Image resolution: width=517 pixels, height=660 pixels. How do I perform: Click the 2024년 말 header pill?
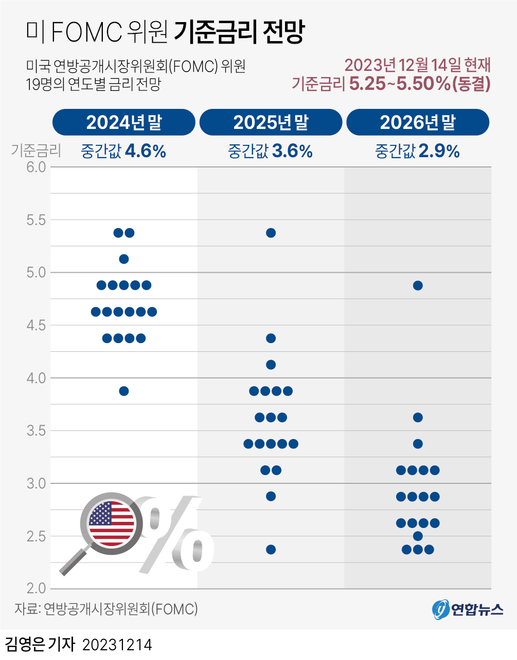[123, 122]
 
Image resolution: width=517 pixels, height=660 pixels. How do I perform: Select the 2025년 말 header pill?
[271, 122]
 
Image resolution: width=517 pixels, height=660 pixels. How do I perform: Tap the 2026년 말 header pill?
[418, 122]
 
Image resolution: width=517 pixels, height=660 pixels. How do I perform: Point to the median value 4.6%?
[145, 151]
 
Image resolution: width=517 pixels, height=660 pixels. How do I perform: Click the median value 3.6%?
[292, 151]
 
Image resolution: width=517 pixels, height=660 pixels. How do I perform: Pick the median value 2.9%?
[439, 151]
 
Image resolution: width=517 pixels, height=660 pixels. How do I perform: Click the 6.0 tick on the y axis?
[36, 167]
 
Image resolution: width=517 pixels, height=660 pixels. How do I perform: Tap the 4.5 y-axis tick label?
[36, 326]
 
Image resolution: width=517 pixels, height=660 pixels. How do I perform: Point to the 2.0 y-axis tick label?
[36, 589]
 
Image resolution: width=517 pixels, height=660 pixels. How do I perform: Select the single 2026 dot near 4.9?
[418, 286]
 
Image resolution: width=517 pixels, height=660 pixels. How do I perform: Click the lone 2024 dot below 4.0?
[123, 391]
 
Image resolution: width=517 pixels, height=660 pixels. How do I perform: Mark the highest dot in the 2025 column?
[271, 233]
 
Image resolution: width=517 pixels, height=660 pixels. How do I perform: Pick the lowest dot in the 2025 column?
[271, 550]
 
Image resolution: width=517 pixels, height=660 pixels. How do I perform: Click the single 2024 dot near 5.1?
[123, 259]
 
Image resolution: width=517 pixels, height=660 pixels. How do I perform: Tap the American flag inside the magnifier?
[111, 524]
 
